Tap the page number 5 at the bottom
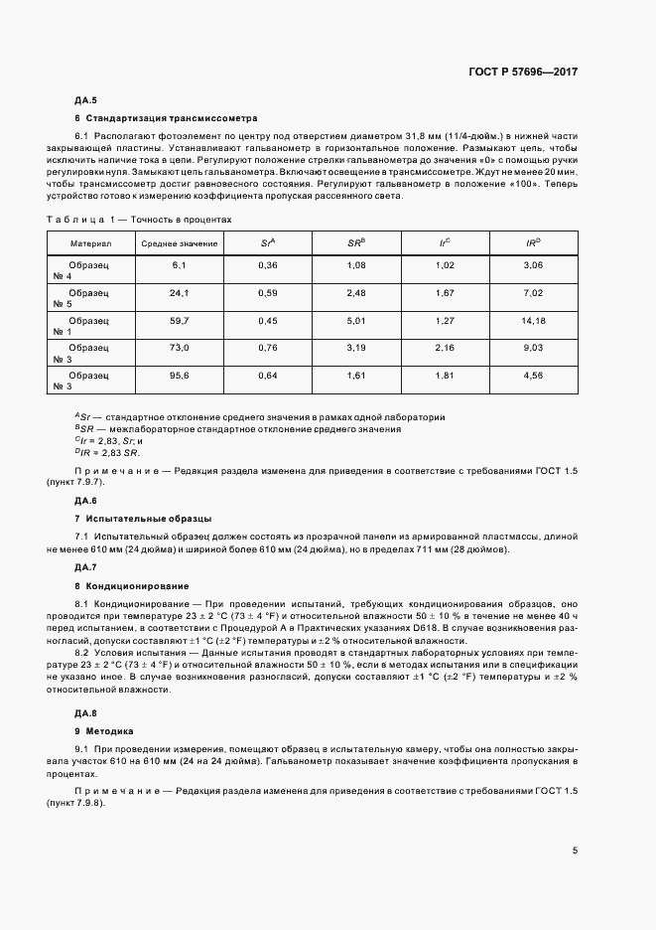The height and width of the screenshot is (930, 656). click(576, 851)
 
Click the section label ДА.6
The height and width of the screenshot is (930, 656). click(85, 501)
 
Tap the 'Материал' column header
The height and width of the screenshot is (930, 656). click(91, 242)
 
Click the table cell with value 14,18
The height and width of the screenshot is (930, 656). click(533, 321)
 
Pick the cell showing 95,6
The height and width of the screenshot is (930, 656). click(180, 377)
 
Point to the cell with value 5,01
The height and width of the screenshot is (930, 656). click(356, 321)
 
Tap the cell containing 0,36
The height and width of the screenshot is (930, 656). click(268, 265)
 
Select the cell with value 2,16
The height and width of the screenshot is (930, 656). click(445, 349)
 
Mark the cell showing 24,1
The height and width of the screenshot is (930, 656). click(180, 293)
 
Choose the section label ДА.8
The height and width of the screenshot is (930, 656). click(85, 713)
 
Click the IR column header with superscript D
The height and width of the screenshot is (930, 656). click(533, 242)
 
